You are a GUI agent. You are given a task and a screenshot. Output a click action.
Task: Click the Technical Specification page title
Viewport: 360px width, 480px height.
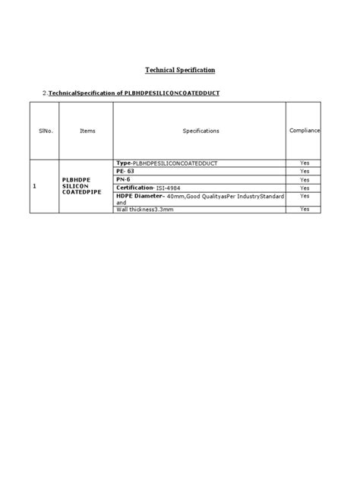click(180, 70)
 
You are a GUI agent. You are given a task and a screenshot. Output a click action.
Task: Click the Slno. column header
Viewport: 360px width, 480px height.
click(45, 131)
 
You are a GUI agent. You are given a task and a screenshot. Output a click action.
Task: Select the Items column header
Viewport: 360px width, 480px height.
click(87, 131)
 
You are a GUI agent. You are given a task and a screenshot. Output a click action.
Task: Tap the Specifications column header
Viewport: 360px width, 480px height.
click(201, 131)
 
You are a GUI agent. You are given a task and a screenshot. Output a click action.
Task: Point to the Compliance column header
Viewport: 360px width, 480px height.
click(305, 131)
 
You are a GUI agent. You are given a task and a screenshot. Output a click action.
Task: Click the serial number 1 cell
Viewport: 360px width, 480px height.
click(35, 185)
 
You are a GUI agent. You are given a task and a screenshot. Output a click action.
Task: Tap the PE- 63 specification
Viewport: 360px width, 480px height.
click(125, 171)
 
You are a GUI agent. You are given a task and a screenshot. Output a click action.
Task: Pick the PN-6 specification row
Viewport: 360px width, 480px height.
click(124, 179)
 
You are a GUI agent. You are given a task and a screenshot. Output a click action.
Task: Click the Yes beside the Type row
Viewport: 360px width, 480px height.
click(305, 163)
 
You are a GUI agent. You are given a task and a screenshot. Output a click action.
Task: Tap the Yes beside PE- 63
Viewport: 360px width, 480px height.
click(305, 171)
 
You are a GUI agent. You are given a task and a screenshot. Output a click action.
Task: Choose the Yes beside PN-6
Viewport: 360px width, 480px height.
click(305, 179)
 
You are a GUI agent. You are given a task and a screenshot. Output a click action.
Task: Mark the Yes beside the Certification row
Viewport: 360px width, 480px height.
click(305, 187)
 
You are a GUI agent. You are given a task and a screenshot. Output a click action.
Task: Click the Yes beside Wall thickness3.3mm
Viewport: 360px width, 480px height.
click(305, 209)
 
